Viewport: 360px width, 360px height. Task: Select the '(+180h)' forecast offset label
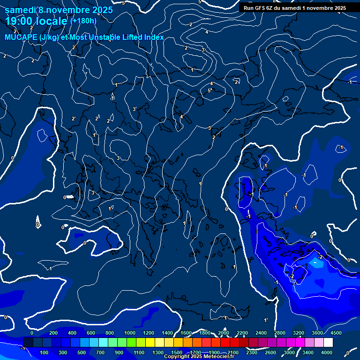[x=83, y=21]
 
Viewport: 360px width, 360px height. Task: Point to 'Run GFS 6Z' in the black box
[x=259, y=8]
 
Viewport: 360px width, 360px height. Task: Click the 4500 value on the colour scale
[x=336, y=333]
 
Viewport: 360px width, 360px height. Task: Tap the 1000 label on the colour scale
[x=129, y=333]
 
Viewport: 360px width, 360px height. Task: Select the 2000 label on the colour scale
[x=224, y=333]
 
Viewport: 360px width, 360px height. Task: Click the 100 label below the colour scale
[x=45, y=352]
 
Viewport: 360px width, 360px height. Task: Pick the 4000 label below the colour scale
[x=327, y=352]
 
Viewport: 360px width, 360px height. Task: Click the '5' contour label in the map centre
[x=209, y=90]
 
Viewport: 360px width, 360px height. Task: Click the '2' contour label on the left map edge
[x=5, y=56]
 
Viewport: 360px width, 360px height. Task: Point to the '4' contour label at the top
[x=207, y=32]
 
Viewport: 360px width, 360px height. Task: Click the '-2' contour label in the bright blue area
[x=320, y=257]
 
